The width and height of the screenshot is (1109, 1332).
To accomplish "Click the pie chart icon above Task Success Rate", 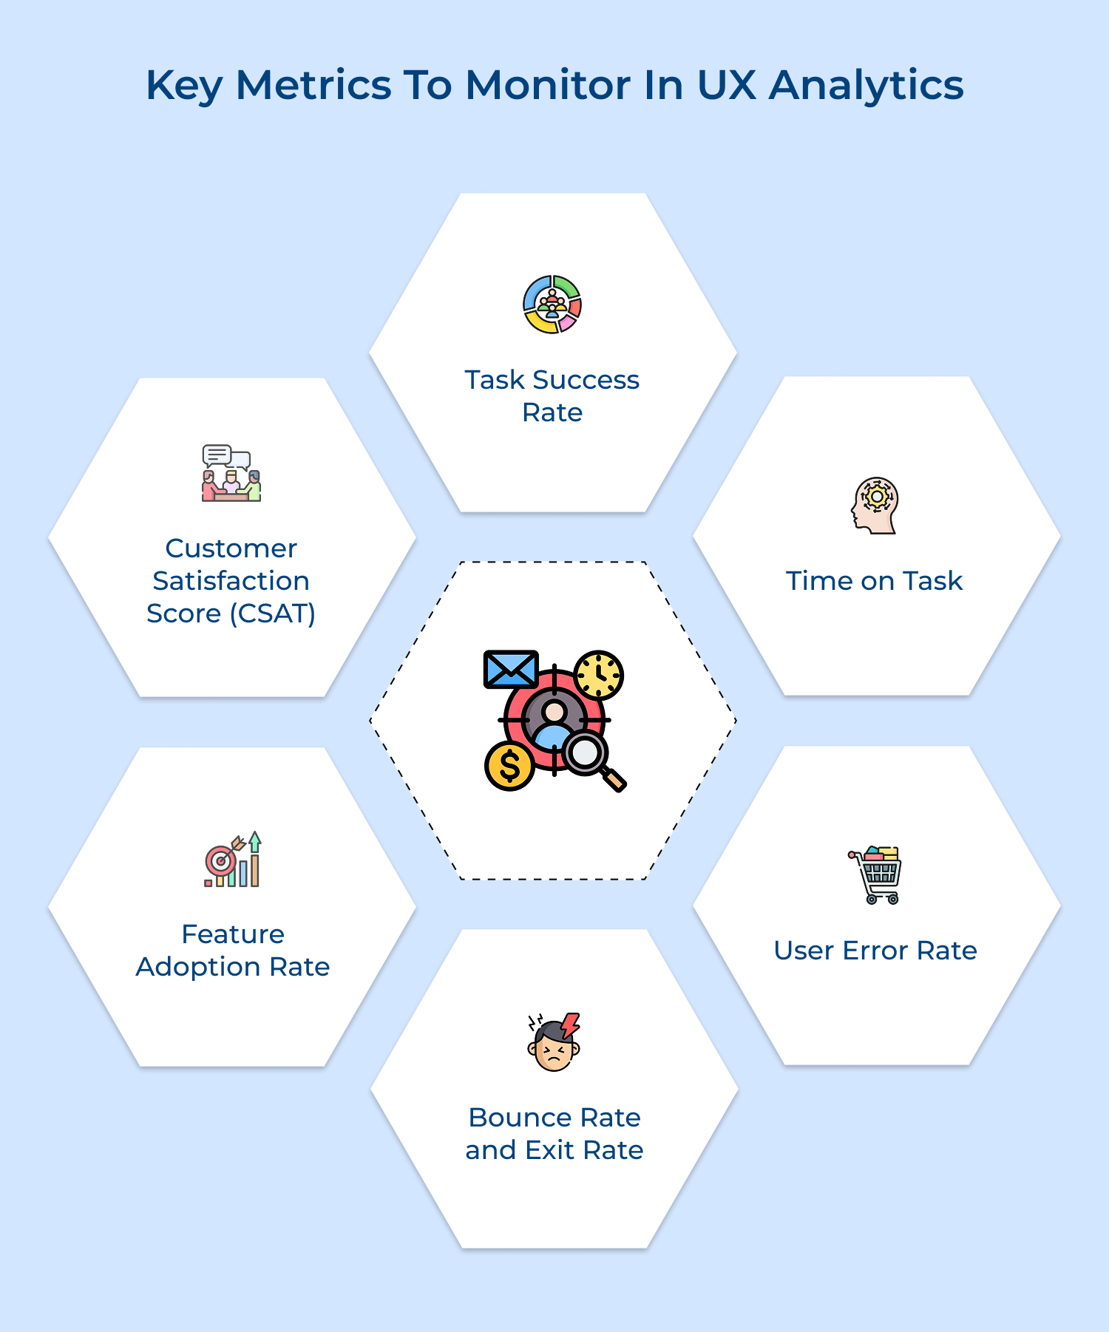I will point(552,305).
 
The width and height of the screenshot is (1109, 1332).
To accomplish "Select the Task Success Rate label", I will point(552,395).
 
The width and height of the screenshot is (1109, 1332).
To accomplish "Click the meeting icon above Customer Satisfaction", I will point(231,474).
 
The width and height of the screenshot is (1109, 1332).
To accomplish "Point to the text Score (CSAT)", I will point(231,613).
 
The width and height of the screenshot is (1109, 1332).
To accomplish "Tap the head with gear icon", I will point(875,506).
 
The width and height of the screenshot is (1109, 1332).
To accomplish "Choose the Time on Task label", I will point(874,581).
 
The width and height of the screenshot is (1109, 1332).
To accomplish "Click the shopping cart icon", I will point(876,875).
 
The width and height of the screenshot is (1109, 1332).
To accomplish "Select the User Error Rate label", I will point(875,951).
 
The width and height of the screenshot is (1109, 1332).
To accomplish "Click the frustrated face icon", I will point(554,1043).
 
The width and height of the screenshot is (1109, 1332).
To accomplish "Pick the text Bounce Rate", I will point(554,1118).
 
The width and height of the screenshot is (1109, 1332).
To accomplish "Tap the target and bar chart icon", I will point(232,860).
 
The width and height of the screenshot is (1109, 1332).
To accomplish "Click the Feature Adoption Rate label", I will point(233,951).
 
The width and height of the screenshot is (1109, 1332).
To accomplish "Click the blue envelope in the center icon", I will point(510,669).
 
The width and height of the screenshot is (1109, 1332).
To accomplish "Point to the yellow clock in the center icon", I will point(599,675).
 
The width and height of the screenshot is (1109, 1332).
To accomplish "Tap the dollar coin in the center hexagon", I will point(509,767).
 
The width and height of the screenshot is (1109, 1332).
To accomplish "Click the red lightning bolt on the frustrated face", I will point(570,1025).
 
